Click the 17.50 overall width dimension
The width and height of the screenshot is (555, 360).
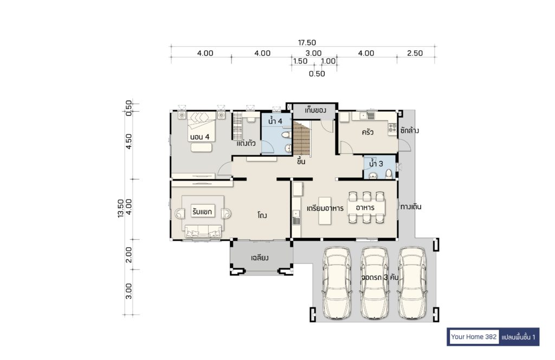pyautogui.click(x=307, y=42)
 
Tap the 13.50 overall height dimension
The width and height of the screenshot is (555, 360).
pyautogui.click(x=121, y=208)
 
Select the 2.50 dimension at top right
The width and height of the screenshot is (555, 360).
pyautogui.click(x=415, y=53)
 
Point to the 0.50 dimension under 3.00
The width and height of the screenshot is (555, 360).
pyautogui.click(x=317, y=74)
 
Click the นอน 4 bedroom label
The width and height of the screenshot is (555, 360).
pyautogui.click(x=199, y=137)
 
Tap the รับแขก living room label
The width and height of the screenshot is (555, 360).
pyautogui.click(x=202, y=211)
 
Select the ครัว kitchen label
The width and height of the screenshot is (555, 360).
pyautogui.click(x=367, y=132)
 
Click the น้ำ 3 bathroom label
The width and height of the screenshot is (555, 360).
pyautogui.click(x=376, y=164)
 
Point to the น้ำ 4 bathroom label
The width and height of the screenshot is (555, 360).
pyautogui.click(x=275, y=121)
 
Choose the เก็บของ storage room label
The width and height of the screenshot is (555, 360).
pyautogui.click(x=315, y=111)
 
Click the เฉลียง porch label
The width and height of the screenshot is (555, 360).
pyautogui.click(x=260, y=258)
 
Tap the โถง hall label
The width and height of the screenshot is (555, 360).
pyautogui.click(x=262, y=215)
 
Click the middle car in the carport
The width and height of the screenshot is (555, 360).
pyautogui.click(x=375, y=283)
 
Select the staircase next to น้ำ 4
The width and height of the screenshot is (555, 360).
pyautogui.click(x=301, y=138)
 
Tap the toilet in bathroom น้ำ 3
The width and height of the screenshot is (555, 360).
pyautogui.click(x=389, y=174)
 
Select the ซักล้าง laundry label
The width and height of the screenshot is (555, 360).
pyautogui.click(x=410, y=130)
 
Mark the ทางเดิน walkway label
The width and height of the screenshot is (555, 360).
pyautogui.click(x=411, y=207)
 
